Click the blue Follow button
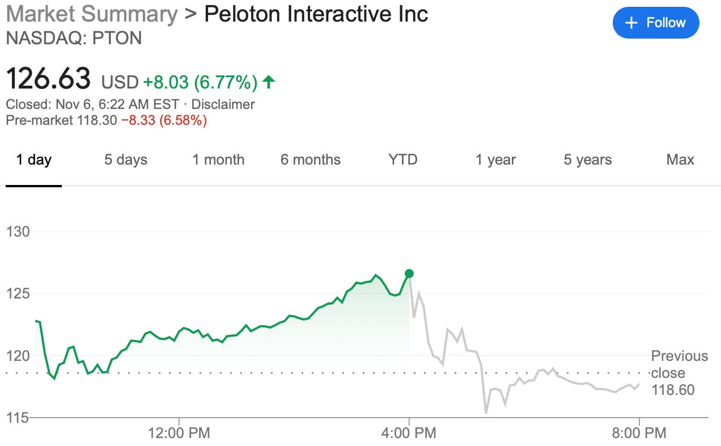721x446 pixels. pos(656,23)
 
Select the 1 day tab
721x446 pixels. pos(33,160)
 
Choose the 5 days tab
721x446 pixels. pos(125,160)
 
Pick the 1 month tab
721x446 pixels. pos(218,160)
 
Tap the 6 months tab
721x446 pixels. pos(311,160)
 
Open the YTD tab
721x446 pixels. pos(403,160)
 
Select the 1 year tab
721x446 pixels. pos(495,160)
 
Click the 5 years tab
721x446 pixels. pos(588,160)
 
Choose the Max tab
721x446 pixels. pos(680,160)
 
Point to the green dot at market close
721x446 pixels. pos(409,274)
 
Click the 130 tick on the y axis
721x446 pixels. pos(18,232)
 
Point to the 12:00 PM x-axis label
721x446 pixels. pos(179,434)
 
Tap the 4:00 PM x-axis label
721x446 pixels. pos(409,434)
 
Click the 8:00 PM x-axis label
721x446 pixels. pos(639,434)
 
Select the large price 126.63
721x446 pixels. pos(48,78)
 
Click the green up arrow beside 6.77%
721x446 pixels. pos(269,82)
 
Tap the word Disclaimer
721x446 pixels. pos(223,104)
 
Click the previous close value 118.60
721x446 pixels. pos(673,390)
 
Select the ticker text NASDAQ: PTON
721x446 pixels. pos(73,38)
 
